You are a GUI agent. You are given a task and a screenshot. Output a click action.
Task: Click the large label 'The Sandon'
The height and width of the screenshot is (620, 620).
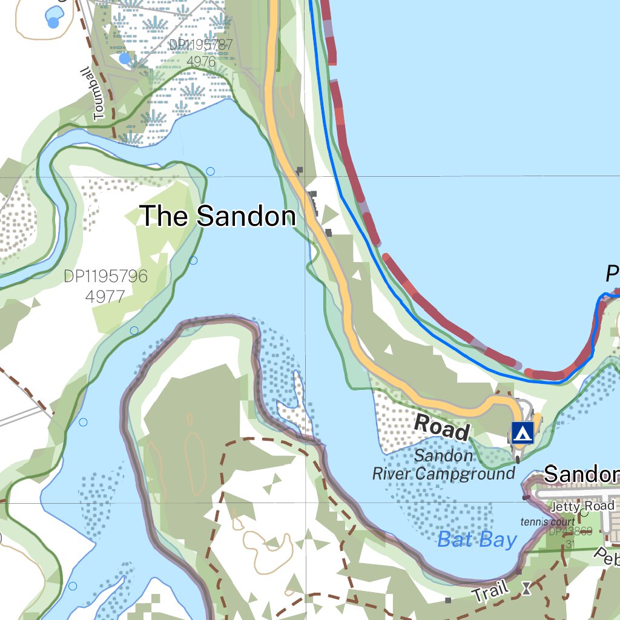click(217, 216)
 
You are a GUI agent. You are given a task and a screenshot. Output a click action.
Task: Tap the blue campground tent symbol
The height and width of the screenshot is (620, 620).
click(522, 432)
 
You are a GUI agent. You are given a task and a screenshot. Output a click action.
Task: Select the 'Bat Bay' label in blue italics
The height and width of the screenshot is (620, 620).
click(477, 539)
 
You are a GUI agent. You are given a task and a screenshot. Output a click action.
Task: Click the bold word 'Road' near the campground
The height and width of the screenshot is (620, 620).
click(442, 428)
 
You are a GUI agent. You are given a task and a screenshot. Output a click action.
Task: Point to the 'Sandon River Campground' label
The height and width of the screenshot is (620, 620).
click(443, 464)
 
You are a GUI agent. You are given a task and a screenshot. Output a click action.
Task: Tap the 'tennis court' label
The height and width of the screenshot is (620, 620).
click(547, 522)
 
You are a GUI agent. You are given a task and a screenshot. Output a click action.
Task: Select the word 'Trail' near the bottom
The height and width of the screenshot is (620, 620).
click(490, 592)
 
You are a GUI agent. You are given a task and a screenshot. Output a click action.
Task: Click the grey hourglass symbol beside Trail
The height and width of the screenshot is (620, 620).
click(527, 588)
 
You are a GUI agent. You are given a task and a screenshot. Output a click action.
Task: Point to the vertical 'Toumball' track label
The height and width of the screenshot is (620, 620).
click(99, 94)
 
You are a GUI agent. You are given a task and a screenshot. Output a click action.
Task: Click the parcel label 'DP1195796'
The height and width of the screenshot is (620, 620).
click(105, 277)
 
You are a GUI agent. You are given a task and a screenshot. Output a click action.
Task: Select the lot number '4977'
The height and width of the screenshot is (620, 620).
click(105, 297)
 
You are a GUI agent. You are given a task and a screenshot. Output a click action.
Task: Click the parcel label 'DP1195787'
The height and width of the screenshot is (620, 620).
click(200, 45)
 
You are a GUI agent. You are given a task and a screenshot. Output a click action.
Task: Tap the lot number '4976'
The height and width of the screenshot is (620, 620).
click(201, 61)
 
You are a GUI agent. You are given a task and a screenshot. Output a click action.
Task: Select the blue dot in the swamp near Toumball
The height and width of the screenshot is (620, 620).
click(125, 58)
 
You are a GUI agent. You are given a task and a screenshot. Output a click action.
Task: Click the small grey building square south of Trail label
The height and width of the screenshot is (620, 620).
click(448, 600)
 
